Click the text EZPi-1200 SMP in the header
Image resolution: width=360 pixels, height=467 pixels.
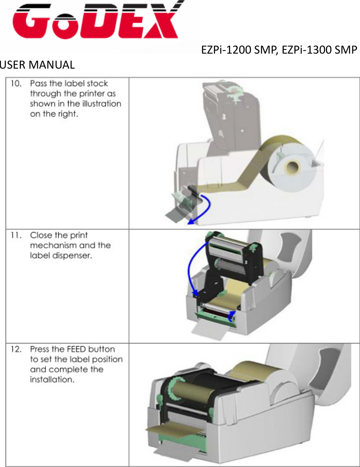click(239, 50)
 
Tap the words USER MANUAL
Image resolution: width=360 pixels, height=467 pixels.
click(37, 66)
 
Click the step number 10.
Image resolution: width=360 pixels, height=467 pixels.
click(16, 83)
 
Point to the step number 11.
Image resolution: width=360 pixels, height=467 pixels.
click(16, 235)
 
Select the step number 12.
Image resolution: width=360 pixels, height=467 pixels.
click(16, 349)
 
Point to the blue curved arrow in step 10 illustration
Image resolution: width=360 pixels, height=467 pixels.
click(204, 210)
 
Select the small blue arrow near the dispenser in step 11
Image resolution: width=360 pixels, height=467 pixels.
click(231, 317)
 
